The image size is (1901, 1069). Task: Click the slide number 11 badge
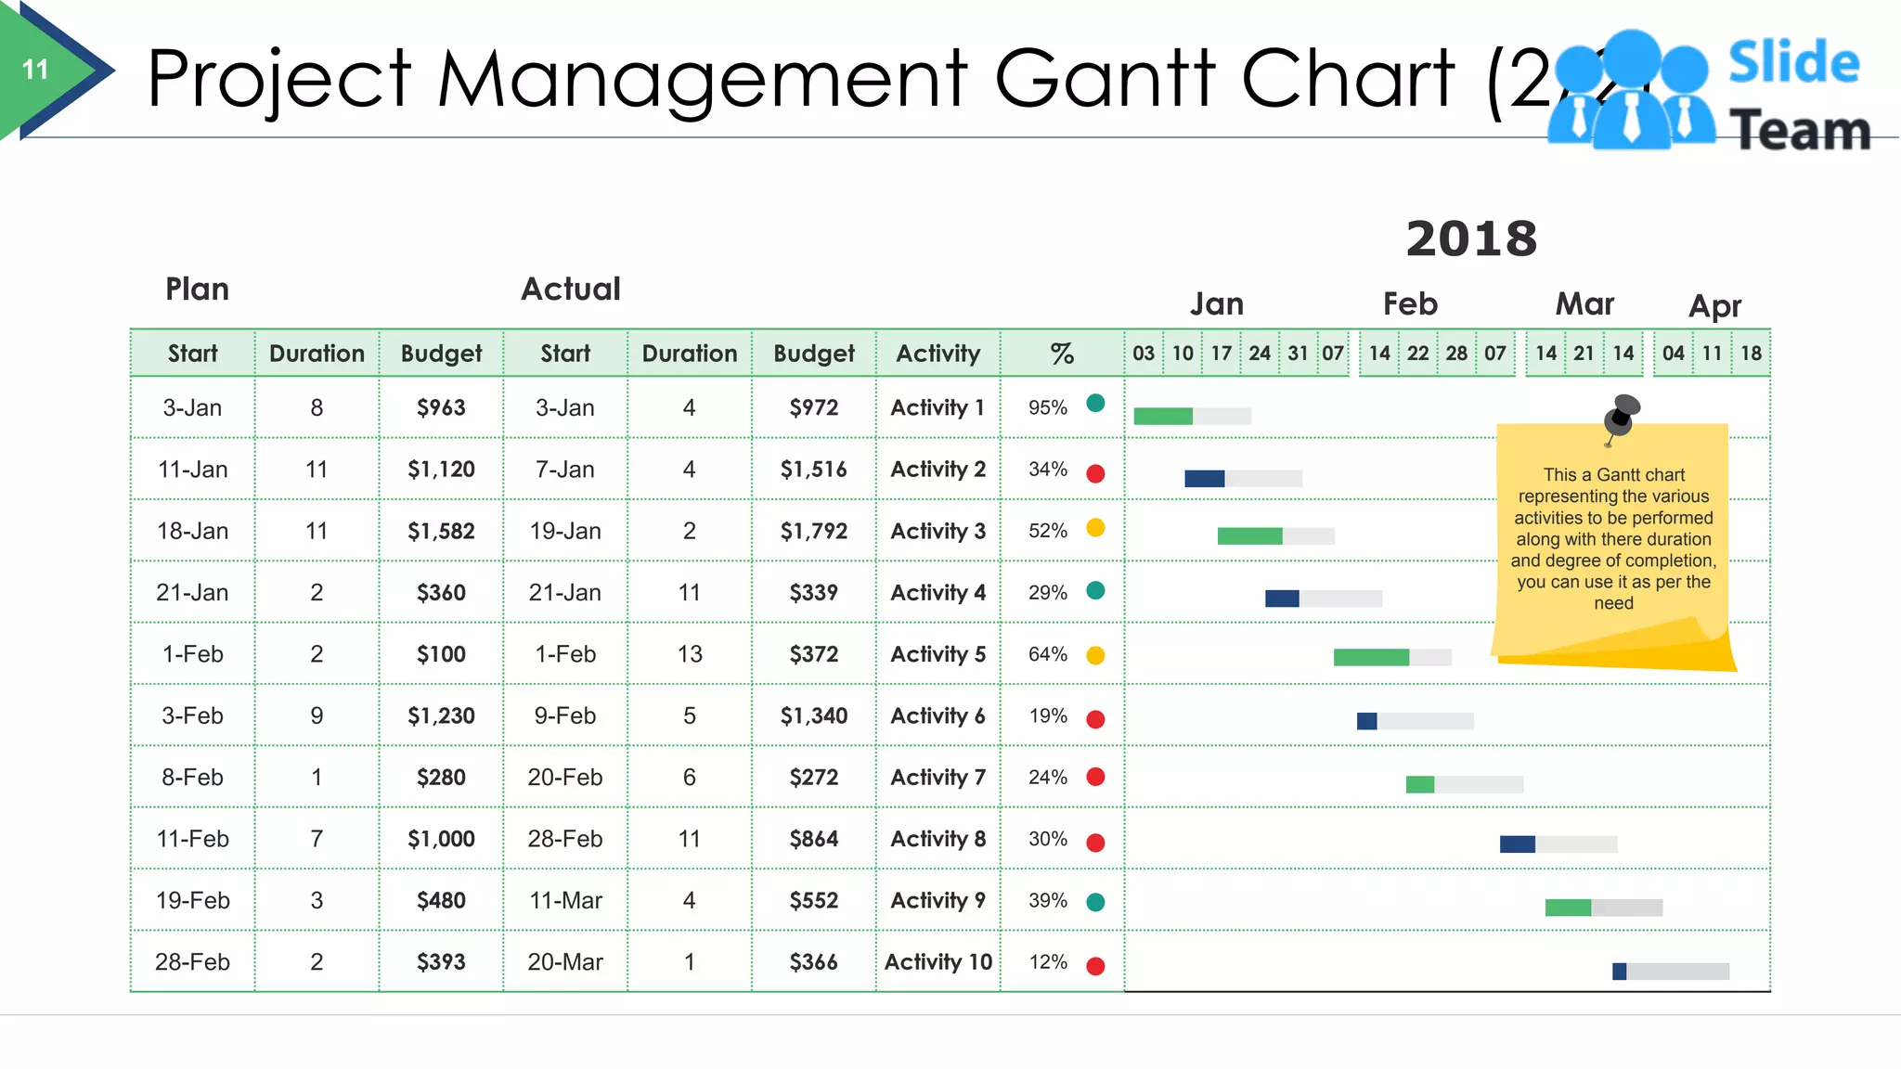[x=35, y=70]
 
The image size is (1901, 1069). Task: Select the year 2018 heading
[x=1471, y=239]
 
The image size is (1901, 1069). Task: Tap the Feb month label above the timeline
[x=1410, y=304]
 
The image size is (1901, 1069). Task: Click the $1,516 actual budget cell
[x=813, y=470]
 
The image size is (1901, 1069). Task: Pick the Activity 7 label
[x=938, y=778]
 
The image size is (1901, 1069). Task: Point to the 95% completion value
[x=1047, y=408]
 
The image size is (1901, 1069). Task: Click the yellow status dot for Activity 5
[x=1095, y=655]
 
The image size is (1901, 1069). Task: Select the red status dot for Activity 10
[x=1095, y=966]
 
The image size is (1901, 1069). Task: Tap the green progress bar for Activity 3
[x=1249, y=536]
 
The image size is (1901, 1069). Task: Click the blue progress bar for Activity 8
[x=1517, y=844]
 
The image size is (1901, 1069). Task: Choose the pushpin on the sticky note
[x=1622, y=414]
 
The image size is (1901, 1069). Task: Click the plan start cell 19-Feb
[x=192, y=901]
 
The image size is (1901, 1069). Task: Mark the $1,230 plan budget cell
[x=441, y=716]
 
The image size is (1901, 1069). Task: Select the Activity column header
[x=938, y=354]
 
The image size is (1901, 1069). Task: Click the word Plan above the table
[x=197, y=290]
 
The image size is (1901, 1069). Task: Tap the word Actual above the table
[x=570, y=290]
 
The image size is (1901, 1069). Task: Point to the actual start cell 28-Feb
[x=564, y=840]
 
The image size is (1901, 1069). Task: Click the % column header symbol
[x=1062, y=354]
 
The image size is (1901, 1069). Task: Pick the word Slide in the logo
[x=1793, y=63]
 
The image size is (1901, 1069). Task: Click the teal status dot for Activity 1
[x=1095, y=403]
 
